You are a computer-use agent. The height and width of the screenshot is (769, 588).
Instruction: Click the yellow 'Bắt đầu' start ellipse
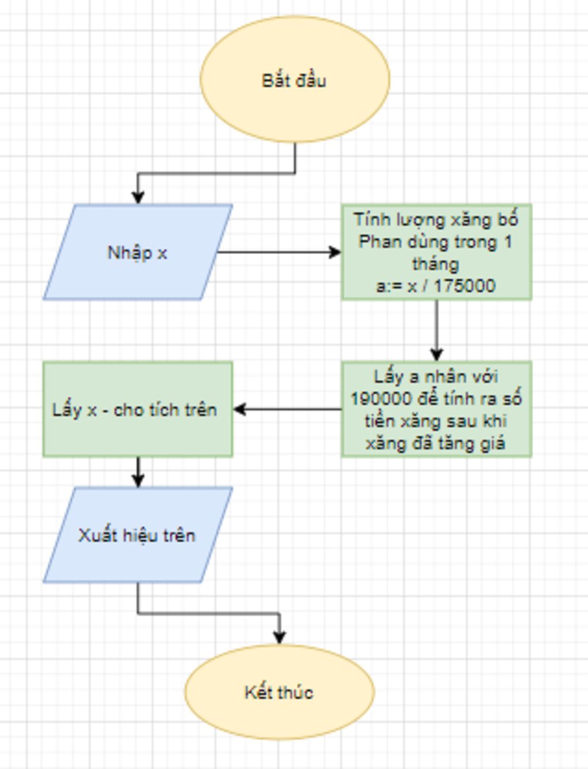(295, 79)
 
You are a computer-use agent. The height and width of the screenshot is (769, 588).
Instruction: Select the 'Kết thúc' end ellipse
(279, 692)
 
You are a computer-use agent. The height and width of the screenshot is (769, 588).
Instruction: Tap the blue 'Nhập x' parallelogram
(137, 252)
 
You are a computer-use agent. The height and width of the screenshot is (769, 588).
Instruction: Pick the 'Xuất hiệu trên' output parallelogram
(137, 535)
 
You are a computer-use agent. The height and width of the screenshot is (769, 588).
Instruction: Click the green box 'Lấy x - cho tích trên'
(137, 409)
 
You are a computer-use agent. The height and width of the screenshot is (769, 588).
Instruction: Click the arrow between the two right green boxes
(436, 331)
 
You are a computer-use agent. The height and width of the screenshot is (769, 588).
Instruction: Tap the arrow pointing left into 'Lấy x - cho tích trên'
(287, 409)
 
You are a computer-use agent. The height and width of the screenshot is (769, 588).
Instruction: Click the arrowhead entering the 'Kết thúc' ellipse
(279, 636)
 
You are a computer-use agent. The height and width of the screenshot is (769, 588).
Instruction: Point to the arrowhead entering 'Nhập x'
(138, 196)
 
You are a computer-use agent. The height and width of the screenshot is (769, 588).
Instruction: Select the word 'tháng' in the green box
(435, 264)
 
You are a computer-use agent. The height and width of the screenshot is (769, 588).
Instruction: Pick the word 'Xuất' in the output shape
(97, 535)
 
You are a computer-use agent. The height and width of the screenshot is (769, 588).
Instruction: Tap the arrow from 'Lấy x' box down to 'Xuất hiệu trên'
(138, 472)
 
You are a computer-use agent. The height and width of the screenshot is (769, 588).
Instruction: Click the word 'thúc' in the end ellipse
(296, 692)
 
